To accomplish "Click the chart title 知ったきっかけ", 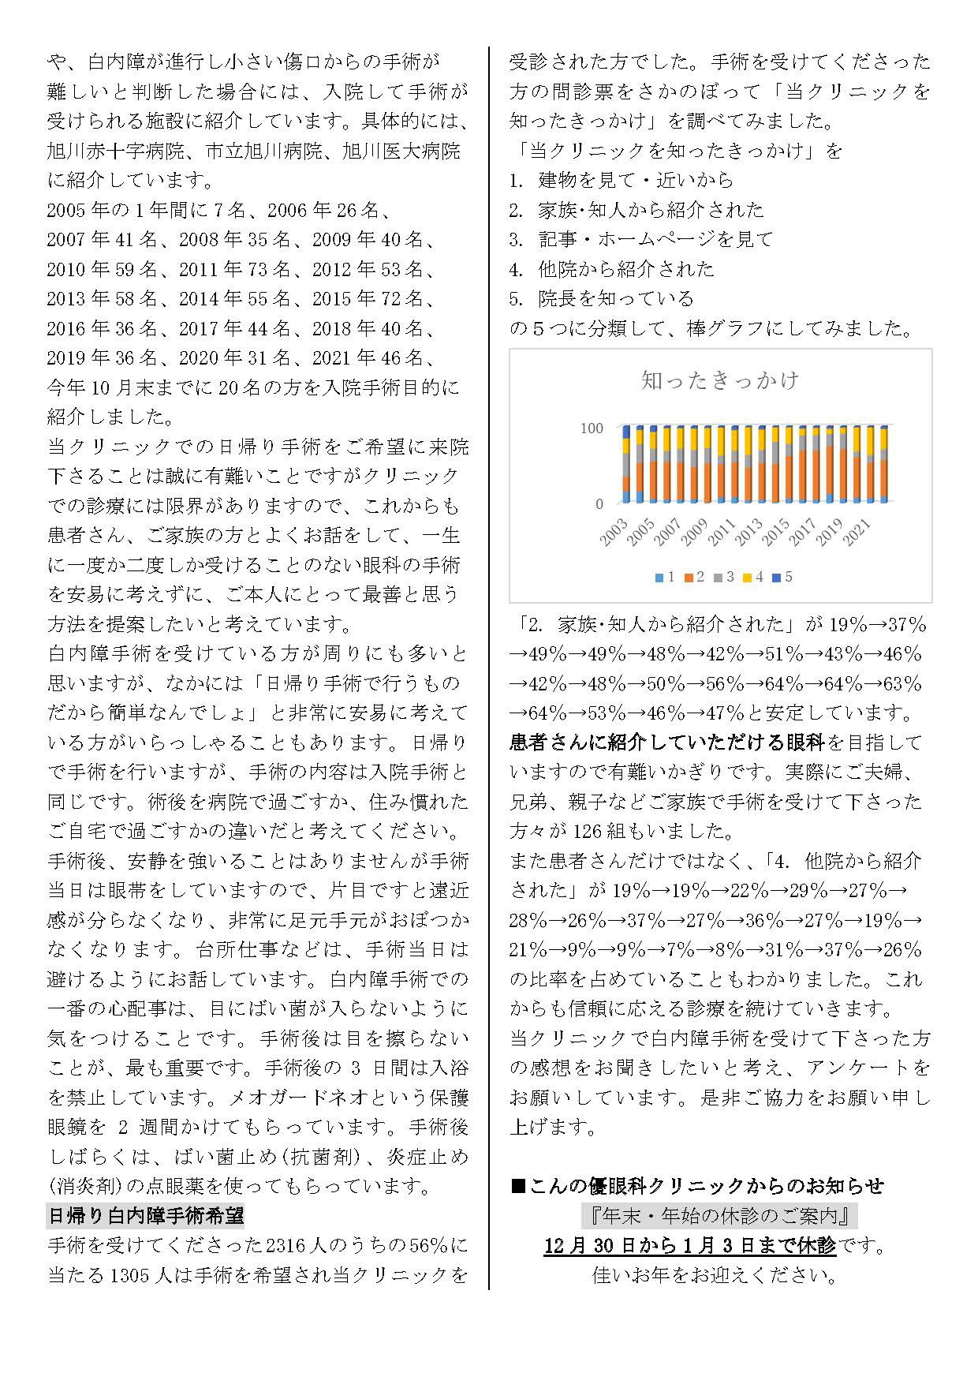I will click(720, 380).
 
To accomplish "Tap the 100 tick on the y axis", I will click(592, 428).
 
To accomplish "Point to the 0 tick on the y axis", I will click(599, 503).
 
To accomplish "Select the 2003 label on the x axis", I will click(614, 533).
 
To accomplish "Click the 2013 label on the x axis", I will click(748, 533).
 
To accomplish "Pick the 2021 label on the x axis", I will click(856, 533).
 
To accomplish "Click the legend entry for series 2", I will click(694, 577).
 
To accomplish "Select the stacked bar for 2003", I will click(626, 465).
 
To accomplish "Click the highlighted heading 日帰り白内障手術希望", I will click(146, 1216).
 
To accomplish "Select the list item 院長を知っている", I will click(616, 298).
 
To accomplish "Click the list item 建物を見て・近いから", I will click(636, 180).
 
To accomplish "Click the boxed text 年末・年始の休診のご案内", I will click(719, 1216).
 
